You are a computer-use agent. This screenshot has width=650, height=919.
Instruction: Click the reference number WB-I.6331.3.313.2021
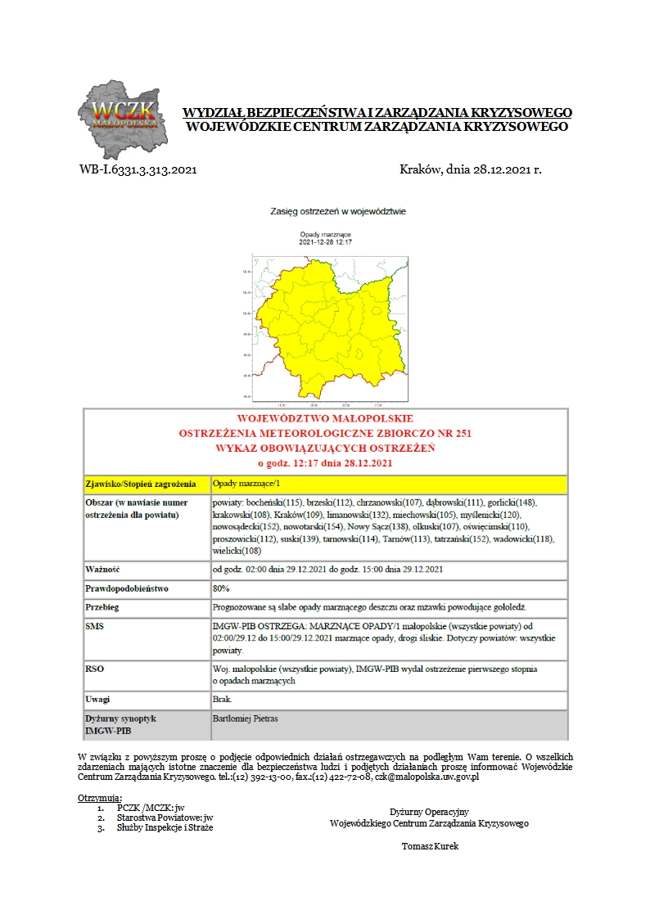[x=138, y=170]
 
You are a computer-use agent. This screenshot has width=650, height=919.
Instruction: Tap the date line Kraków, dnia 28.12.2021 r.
[x=470, y=170]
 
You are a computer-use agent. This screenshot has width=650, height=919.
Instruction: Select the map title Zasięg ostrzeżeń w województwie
[x=338, y=211]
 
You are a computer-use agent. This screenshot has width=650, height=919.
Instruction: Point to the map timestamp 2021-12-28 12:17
[x=325, y=242]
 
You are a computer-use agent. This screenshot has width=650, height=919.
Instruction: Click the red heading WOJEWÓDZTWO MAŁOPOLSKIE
[x=325, y=418]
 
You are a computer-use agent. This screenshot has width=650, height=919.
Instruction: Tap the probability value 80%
[x=221, y=588]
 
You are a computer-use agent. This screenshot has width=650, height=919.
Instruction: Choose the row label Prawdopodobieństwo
[x=127, y=588]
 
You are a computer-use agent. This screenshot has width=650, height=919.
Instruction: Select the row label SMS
[x=95, y=626]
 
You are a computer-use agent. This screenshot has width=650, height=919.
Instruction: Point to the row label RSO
[x=95, y=669]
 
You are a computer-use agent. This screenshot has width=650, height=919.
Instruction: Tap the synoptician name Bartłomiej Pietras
[x=245, y=719]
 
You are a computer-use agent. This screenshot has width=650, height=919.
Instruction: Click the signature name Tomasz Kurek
[x=430, y=846]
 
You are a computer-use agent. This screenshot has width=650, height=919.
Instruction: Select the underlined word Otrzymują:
[x=100, y=797]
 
